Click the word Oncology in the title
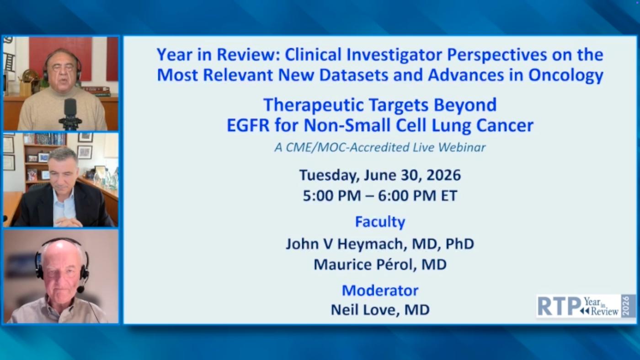tap(566, 75)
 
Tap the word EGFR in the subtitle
tap(248, 125)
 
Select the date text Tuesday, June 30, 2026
tap(380, 175)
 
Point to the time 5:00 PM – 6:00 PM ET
tap(380, 196)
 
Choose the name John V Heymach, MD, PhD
tap(380, 244)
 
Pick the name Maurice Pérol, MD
tap(380, 264)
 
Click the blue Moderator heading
tap(380, 290)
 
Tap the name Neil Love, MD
tap(380, 310)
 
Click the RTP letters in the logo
tap(559, 306)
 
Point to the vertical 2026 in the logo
tap(628, 306)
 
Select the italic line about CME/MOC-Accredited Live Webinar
tap(380, 148)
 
